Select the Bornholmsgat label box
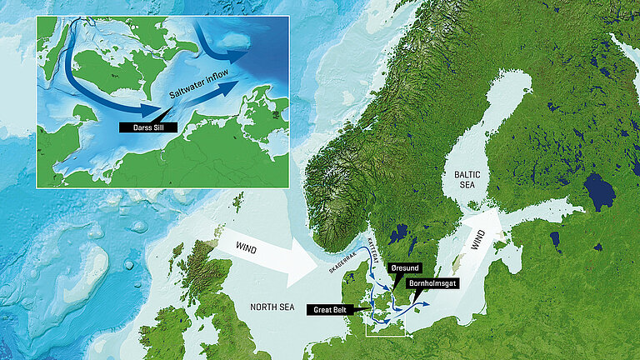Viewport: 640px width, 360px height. coord(436,284)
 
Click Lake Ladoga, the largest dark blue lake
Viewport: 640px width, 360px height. coord(599,192)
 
